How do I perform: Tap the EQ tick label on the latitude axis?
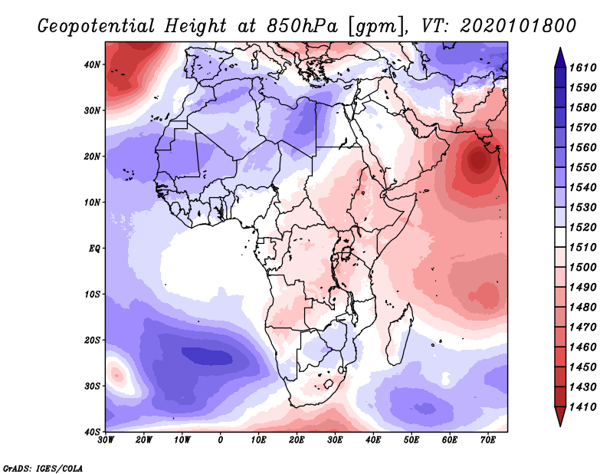point(95,248)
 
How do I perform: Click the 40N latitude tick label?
point(92,64)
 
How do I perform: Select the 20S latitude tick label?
point(92,340)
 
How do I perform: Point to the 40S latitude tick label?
point(92,431)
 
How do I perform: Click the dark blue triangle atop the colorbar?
point(560,56)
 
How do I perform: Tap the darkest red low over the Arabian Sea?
point(479,160)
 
